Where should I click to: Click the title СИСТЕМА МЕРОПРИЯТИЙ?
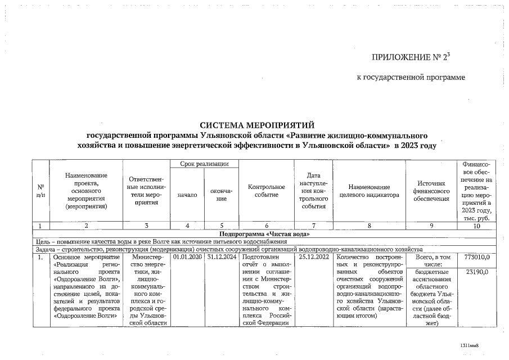click(x=256, y=125)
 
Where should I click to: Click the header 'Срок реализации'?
click(x=204, y=163)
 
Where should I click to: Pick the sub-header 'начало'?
click(x=187, y=195)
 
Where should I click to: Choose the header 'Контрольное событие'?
click(x=266, y=191)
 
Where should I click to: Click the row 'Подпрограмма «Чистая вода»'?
click(x=264, y=233)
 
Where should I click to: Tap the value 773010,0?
click(x=478, y=257)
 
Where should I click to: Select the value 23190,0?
click(x=478, y=272)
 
